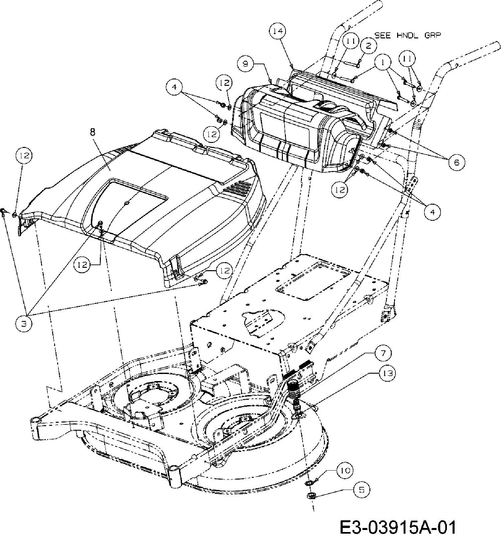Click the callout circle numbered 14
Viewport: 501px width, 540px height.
[x=278, y=31]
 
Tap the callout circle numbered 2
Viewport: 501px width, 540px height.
[x=368, y=46]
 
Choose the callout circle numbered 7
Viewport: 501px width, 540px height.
[x=384, y=353]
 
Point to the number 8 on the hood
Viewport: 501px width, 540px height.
[x=93, y=132]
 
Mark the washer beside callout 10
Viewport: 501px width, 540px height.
[x=310, y=483]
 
